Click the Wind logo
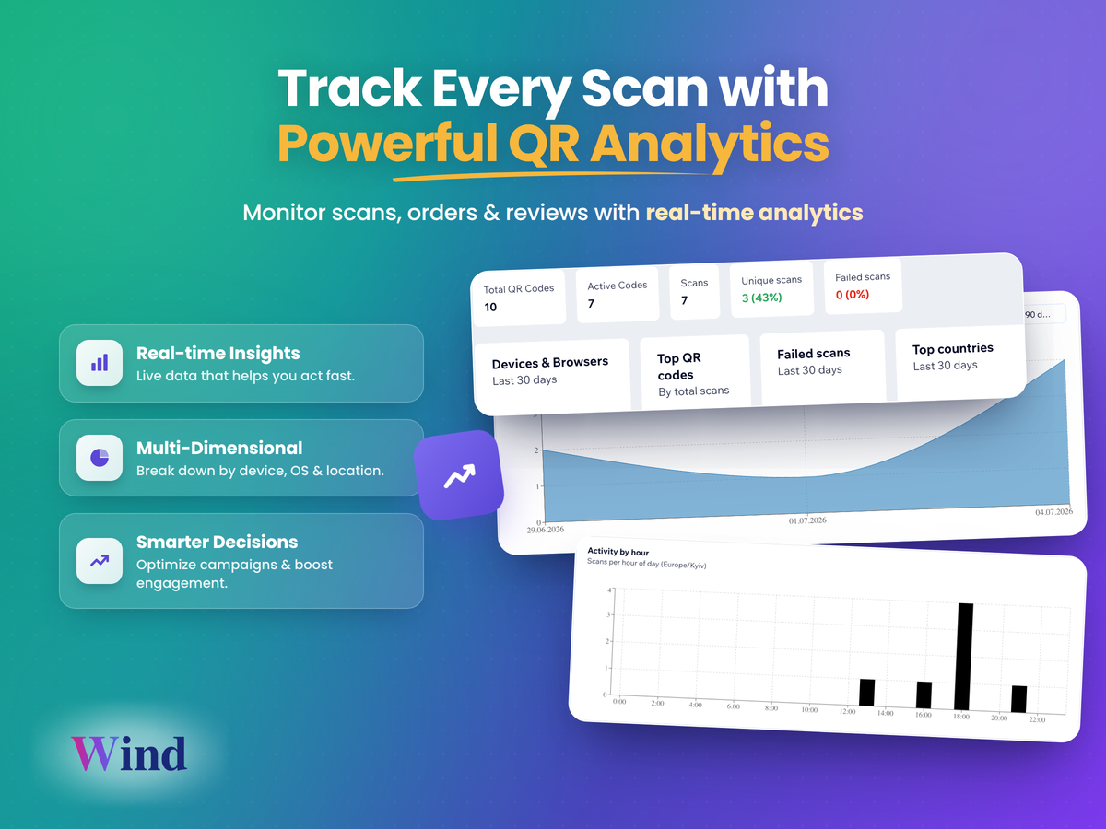tap(129, 753)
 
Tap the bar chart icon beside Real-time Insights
tap(100, 363)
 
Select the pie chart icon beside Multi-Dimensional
tap(100, 458)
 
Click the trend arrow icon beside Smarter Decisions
tap(100, 560)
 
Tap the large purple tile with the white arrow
tap(459, 475)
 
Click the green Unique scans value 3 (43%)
tap(762, 298)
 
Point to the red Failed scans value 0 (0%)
tap(853, 295)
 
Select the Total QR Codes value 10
tap(490, 307)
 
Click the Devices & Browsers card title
tap(550, 362)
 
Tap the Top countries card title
tap(953, 348)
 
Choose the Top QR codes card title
tap(678, 367)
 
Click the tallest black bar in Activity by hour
tap(963, 657)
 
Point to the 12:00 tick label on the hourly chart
tap(847, 711)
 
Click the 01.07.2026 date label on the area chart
tap(807, 520)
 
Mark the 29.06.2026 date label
tap(546, 530)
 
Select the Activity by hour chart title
tap(618, 552)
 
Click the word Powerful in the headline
tap(387, 144)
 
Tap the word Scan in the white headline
tap(645, 88)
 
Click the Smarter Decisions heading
tap(218, 542)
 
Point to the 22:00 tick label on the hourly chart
tap(1037, 719)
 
